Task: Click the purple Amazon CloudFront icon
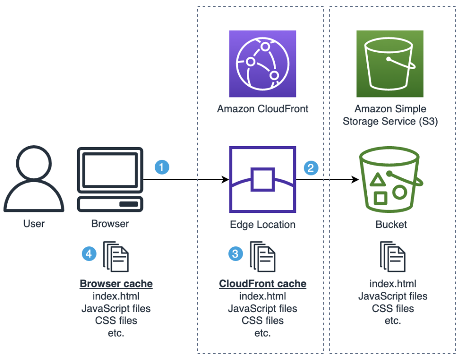(x=263, y=64)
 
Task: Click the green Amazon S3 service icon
(x=390, y=64)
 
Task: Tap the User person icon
(x=34, y=180)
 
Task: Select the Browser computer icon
(x=110, y=180)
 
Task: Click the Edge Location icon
(x=263, y=179)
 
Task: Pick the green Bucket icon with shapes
(x=390, y=181)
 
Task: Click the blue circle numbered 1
(x=162, y=167)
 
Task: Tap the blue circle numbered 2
(x=311, y=168)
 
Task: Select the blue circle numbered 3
(x=235, y=254)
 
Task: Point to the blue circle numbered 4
(x=88, y=254)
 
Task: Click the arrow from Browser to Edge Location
(x=185, y=180)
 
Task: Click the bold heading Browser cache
(x=116, y=284)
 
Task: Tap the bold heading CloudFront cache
(x=263, y=284)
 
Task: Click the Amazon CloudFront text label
(x=263, y=109)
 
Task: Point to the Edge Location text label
(x=263, y=224)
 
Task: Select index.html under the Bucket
(x=393, y=284)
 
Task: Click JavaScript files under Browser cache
(x=116, y=308)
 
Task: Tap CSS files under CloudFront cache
(x=263, y=321)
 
